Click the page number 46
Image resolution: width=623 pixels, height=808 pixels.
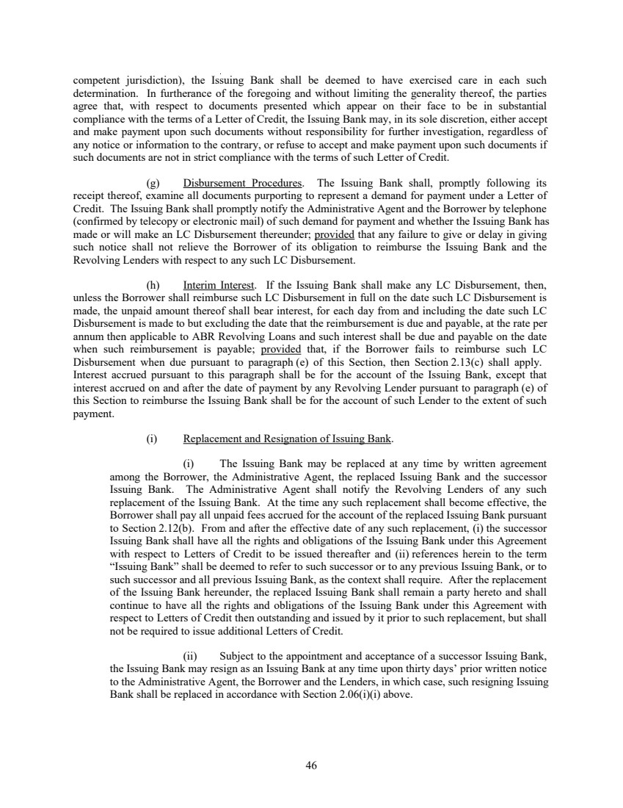click(311, 765)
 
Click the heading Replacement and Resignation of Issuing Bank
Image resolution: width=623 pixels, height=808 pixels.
click(288, 439)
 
